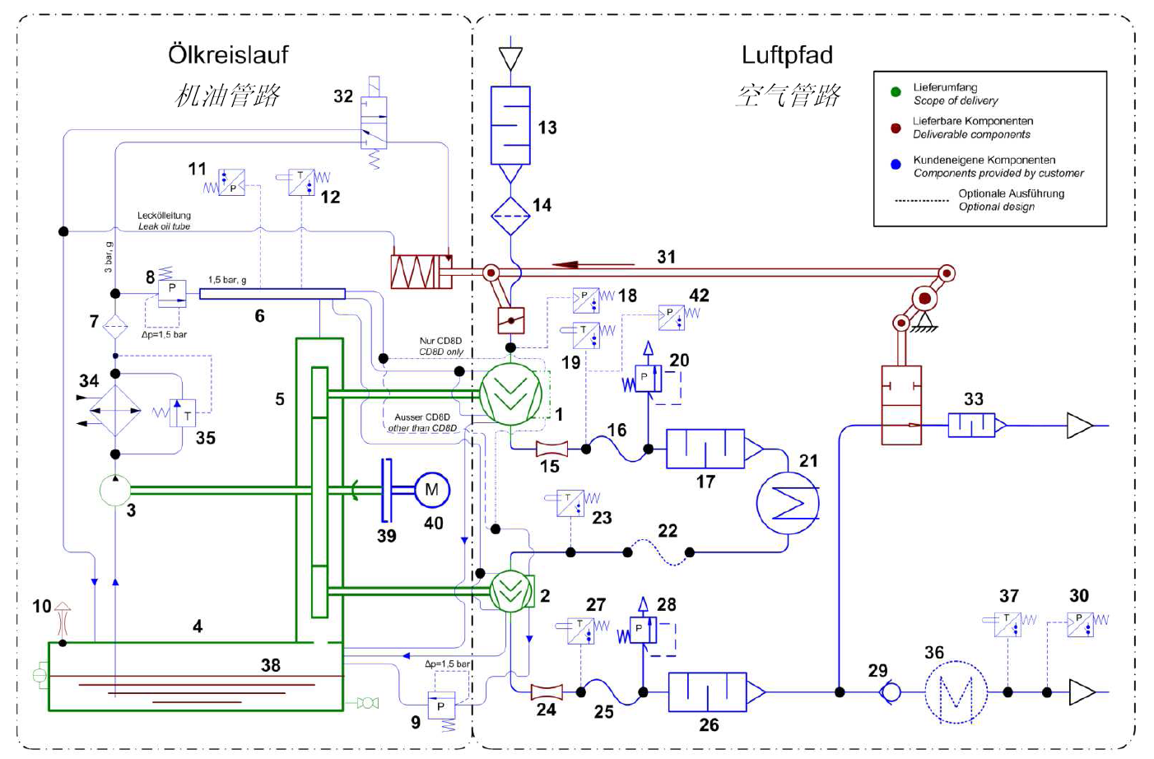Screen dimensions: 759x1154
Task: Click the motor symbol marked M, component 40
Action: [431, 490]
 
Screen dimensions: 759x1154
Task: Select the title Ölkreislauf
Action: [228, 55]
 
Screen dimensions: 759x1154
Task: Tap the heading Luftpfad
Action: [787, 55]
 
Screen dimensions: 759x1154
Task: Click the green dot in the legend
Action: [896, 92]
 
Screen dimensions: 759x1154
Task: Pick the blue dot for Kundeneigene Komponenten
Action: [896, 165]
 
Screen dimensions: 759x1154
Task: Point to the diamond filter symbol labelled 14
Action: [510, 216]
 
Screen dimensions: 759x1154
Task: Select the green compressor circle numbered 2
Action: [510, 591]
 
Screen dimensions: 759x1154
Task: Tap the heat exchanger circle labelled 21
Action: [788, 503]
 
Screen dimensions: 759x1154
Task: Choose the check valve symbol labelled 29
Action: [890, 692]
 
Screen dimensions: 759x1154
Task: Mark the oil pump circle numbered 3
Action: [115, 490]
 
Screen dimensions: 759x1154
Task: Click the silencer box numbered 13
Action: [510, 125]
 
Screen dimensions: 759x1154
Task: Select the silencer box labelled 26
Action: [707, 692]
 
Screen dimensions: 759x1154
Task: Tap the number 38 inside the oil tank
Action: [271, 665]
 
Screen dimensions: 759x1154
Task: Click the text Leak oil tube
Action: [164, 226]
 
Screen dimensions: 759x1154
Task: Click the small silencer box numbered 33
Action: [971, 426]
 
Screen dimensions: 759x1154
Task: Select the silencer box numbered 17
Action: [705, 449]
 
